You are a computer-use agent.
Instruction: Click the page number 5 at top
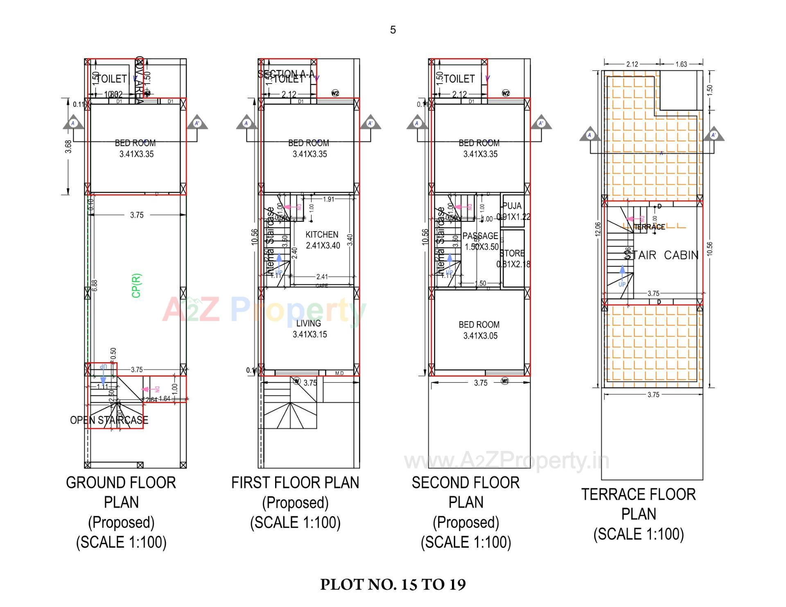point(393,30)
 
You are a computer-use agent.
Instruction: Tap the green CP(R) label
point(136,285)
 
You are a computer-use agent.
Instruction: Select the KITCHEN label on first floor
point(322,235)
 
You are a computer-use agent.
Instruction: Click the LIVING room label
point(309,323)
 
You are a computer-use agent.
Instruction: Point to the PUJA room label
point(512,206)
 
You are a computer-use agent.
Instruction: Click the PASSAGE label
point(480,236)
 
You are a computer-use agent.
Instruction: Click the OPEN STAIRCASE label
point(109,420)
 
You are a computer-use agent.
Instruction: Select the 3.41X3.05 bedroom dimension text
point(480,336)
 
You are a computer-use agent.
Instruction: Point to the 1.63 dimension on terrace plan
point(681,64)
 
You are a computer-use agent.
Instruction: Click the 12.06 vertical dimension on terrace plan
point(598,230)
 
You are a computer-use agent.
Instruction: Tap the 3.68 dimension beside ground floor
point(68,147)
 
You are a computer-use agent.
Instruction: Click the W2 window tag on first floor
point(335,93)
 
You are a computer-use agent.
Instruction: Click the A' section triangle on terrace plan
point(714,135)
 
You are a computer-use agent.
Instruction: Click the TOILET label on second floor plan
point(459,79)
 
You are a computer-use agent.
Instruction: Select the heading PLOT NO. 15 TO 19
point(393,584)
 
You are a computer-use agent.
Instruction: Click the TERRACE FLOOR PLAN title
point(638,504)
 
